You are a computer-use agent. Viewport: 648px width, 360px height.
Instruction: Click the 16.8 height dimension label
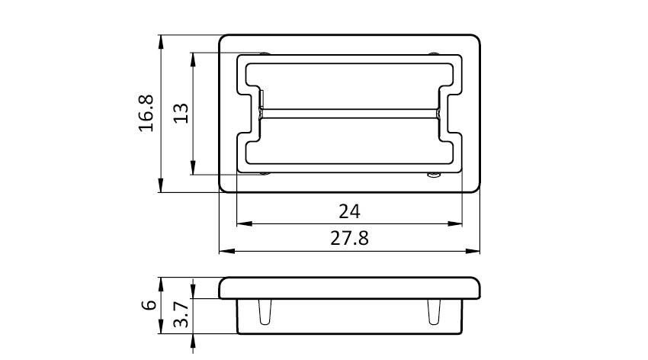pyautogui.click(x=146, y=113)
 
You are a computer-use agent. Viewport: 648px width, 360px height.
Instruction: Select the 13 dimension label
pyautogui.click(x=181, y=113)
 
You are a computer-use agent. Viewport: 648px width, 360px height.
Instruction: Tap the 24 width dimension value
pyautogui.click(x=350, y=211)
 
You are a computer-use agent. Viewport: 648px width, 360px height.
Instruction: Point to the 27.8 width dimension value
pyautogui.click(x=350, y=239)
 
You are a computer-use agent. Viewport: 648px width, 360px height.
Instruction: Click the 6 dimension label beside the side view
pyautogui.click(x=149, y=305)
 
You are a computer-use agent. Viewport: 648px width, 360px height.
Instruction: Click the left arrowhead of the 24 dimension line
pyautogui.click(x=244, y=224)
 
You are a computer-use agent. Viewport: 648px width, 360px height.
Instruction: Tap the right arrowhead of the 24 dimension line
pyautogui.click(x=454, y=224)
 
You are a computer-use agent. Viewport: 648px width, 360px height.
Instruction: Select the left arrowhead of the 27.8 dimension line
pyautogui.click(x=227, y=251)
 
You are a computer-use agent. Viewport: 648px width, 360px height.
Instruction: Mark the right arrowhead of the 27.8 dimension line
pyautogui.click(x=473, y=251)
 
